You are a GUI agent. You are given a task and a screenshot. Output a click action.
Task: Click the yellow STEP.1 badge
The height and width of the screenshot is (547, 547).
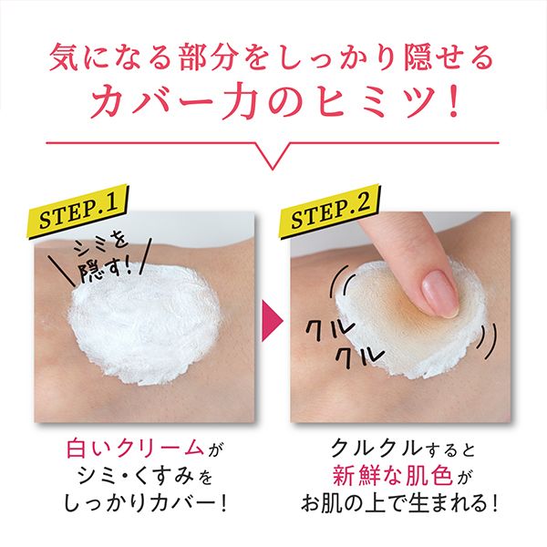(78, 212)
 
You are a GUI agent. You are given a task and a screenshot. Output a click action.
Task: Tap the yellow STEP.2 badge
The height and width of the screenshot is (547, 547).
(330, 212)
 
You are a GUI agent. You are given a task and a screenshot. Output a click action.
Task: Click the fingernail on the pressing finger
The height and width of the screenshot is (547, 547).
(439, 294)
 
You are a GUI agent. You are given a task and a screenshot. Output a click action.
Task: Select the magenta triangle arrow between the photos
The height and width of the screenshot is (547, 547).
(272, 321)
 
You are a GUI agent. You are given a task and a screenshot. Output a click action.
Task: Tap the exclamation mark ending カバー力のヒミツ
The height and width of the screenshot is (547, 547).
(453, 101)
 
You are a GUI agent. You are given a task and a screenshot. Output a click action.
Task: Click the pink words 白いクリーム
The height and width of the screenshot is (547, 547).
(135, 448)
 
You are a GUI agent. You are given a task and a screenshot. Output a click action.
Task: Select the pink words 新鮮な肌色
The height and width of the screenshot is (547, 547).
(392, 475)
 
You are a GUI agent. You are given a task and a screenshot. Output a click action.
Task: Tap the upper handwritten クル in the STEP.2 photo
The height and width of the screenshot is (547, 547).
(330, 329)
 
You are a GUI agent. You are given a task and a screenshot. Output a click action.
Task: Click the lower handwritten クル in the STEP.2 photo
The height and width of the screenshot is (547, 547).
(360, 356)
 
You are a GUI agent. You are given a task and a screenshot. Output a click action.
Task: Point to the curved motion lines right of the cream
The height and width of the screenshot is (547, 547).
(488, 341)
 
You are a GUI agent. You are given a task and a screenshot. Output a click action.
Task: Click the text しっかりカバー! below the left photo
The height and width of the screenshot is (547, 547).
(145, 503)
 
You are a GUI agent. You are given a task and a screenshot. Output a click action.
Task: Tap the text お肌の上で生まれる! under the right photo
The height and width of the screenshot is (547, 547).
(399, 503)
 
